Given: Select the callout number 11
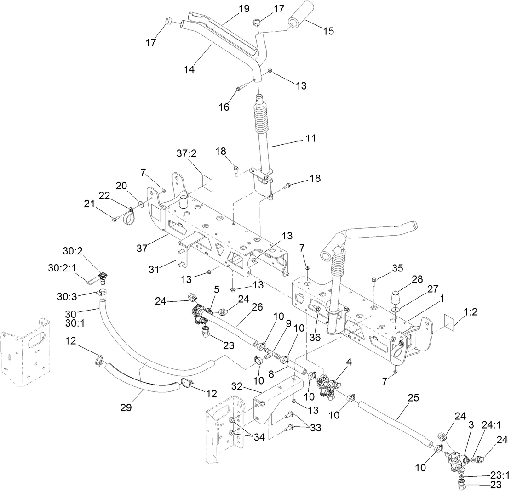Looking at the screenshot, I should click(x=311, y=138).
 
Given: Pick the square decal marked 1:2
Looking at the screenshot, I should click(x=451, y=322).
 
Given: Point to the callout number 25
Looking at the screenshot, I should click(x=413, y=398).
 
